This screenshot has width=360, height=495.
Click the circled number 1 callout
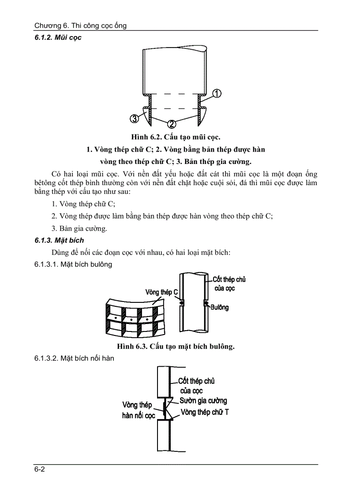tap(217, 93)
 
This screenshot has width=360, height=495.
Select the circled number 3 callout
tap(134, 118)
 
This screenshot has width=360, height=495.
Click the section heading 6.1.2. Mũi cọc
tap(58, 38)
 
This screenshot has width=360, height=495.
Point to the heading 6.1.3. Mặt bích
tap(59, 240)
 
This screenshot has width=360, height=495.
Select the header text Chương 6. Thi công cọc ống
tap(80, 26)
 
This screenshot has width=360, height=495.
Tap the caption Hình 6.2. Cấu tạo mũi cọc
tap(176, 137)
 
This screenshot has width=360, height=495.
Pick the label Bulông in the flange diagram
tap(219, 307)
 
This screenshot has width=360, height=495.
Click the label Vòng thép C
tap(161, 292)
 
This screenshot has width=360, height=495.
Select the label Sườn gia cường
tap(203, 401)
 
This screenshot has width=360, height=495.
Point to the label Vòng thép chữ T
tap(205, 413)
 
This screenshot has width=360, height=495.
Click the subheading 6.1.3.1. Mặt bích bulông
tap(73, 264)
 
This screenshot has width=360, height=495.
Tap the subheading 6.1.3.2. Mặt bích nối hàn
tap(74, 358)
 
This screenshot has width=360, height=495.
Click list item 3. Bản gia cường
tap(79, 228)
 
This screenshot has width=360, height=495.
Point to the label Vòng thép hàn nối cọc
tap(138, 410)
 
